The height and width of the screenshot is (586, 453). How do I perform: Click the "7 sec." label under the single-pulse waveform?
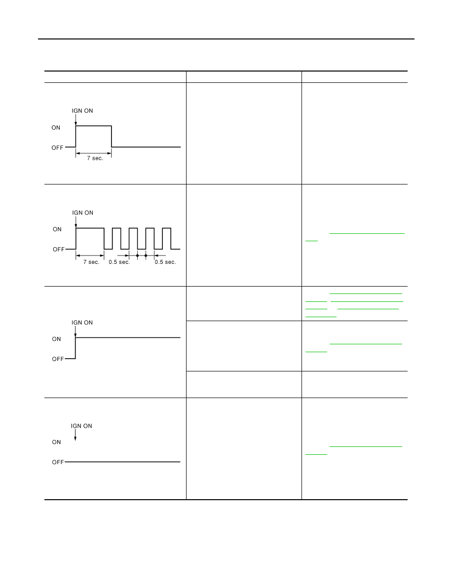point(95,158)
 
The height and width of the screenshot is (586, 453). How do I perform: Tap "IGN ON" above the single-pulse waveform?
point(82,110)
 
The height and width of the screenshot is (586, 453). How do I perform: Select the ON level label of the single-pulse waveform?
point(56,128)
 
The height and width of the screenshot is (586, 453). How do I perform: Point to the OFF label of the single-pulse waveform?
point(58,148)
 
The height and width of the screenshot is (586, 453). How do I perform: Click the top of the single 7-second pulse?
point(93,126)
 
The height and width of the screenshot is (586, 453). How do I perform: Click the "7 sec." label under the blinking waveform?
point(91,262)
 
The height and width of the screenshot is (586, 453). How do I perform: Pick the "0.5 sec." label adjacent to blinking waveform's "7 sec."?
point(119,262)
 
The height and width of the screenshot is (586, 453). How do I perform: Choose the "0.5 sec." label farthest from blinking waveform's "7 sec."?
point(165,262)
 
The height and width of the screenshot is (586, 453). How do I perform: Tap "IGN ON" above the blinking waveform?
point(82,213)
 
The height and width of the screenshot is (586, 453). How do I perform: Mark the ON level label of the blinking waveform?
point(57,229)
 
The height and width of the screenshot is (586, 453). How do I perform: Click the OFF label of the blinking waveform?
point(59,249)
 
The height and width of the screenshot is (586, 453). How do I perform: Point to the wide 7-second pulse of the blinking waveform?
point(90,228)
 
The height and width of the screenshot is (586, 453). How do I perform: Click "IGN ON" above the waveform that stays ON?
point(82,323)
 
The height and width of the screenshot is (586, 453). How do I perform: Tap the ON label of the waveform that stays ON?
point(56,339)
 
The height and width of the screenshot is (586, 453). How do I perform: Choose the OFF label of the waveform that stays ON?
point(58,359)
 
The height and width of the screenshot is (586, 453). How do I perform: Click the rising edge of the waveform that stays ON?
point(75,348)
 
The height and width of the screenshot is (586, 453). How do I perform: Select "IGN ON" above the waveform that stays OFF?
point(81,426)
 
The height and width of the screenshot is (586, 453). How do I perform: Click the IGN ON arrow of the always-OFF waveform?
point(75,435)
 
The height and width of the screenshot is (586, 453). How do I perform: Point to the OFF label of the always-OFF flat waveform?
point(58,462)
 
